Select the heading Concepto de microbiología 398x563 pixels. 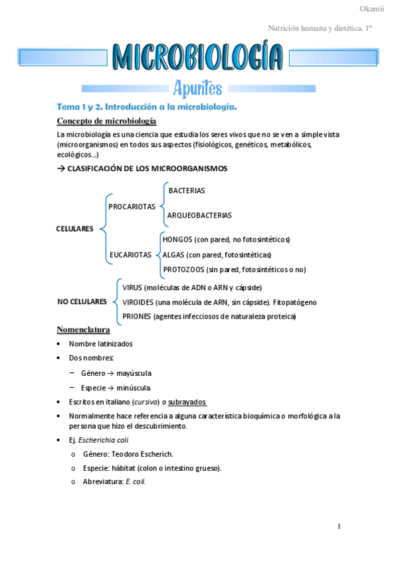click(x=107, y=121)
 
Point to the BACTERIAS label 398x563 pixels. click(x=187, y=191)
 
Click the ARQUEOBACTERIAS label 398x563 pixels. click(x=199, y=215)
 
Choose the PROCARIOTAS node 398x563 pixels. click(x=132, y=206)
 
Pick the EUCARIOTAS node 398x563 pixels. click(x=130, y=254)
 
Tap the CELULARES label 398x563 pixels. click(x=75, y=229)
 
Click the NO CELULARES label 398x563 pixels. click(x=82, y=301)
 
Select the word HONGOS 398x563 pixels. click(x=177, y=239)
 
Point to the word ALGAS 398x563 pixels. click(x=173, y=254)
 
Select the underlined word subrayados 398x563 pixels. click(x=187, y=402)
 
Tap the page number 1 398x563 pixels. click(x=339, y=527)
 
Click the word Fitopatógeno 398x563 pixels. click(x=295, y=302)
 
